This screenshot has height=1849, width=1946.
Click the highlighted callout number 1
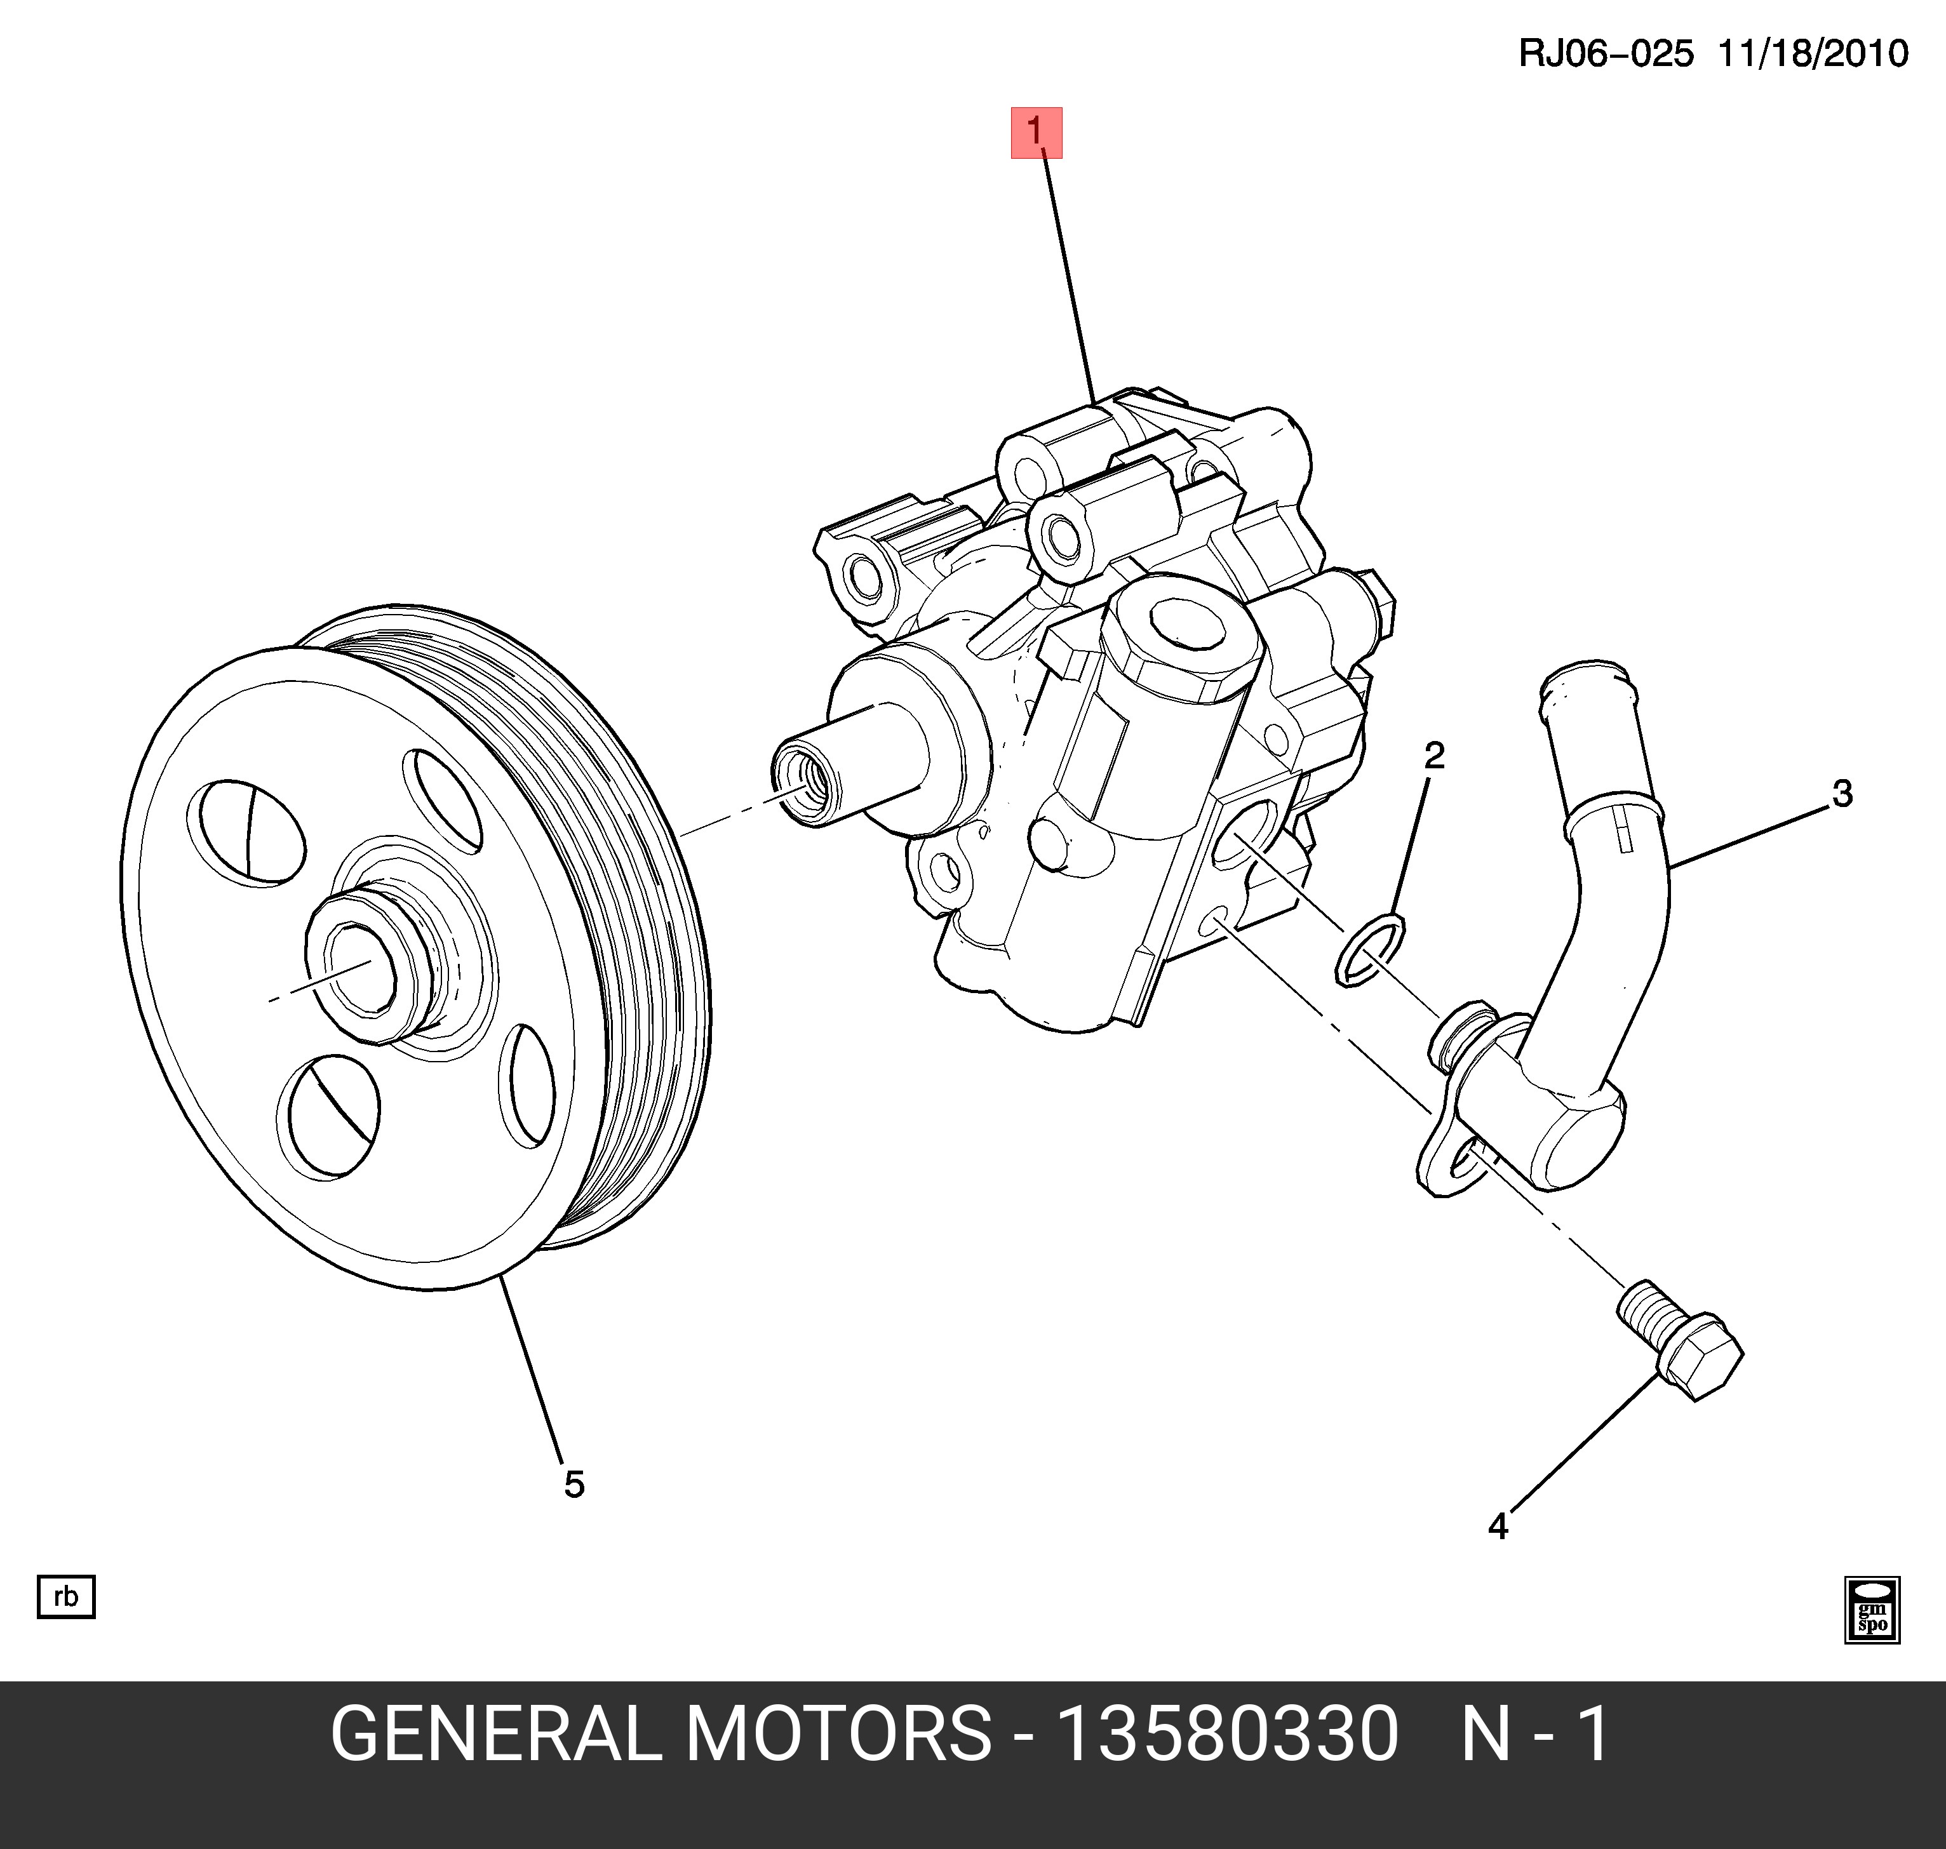[x=1036, y=132]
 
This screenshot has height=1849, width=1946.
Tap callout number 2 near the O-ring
[x=1434, y=756]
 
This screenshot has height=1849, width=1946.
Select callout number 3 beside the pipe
[x=1841, y=794]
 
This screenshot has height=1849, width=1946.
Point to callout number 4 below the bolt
[x=1498, y=1526]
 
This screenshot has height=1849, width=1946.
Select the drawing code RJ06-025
[x=1606, y=53]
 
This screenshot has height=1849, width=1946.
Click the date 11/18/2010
[x=1813, y=53]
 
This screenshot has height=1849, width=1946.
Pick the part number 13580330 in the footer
[x=1227, y=1735]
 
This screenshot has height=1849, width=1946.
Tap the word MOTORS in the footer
[x=838, y=1735]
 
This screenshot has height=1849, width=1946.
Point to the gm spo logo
[x=1872, y=1610]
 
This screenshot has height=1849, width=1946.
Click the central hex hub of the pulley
[x=360, y=971]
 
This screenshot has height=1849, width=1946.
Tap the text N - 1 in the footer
[x=1535, y=1735]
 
